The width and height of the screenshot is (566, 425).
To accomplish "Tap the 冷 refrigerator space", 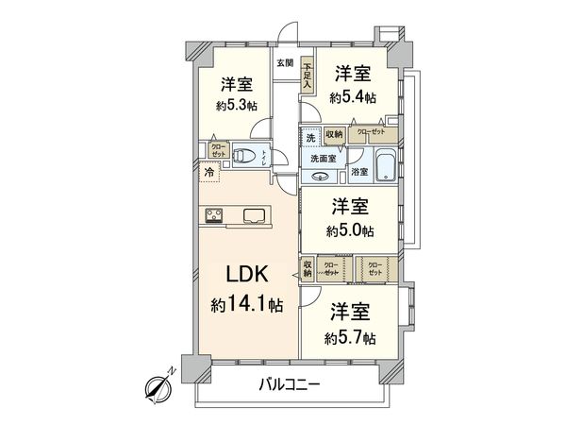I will [x=208, y=174].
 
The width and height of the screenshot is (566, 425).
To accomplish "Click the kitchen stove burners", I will [x=213, y=215].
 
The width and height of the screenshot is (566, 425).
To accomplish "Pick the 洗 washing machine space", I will [x=310, y=138].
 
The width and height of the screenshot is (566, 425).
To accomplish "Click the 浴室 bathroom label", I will [x=359, y=174].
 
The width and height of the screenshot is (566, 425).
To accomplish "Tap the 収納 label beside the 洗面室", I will [x=333, y=136].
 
